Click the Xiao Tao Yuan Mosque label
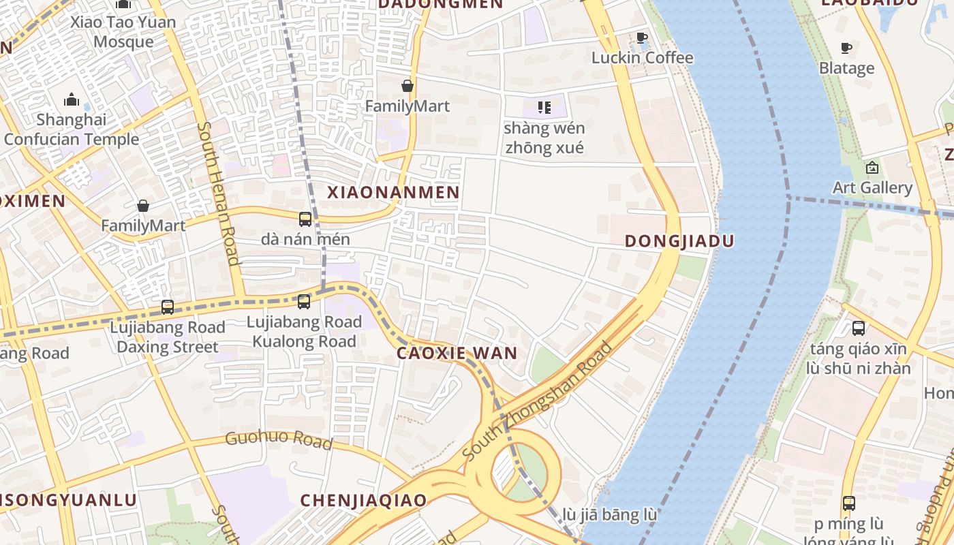(x=123, y=32)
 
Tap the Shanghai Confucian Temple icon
(x=72, y=101)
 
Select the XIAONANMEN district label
(x=393, y=193)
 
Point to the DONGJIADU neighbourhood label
(x=679, y=241)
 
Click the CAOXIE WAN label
(x=457, y=353)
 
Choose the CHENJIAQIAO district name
(x=363, y=500)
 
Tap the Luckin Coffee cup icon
(x=641, y=38)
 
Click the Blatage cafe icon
(x=846, y=48)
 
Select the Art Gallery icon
(x=872, y=168)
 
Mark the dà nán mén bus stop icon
(x=305, y=219)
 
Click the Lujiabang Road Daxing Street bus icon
(x=168, y=307)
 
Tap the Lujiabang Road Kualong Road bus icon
(x=304, y=301)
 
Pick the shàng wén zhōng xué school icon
(x=544, y=108)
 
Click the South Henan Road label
(x=219, y=193)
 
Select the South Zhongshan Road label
(x=537, y=402)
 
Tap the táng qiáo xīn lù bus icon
(x=858, y=328)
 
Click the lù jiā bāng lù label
(x=610, y=515)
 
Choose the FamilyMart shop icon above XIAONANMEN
(x=407, y=86)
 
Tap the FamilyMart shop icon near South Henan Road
(x=143, y=206)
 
